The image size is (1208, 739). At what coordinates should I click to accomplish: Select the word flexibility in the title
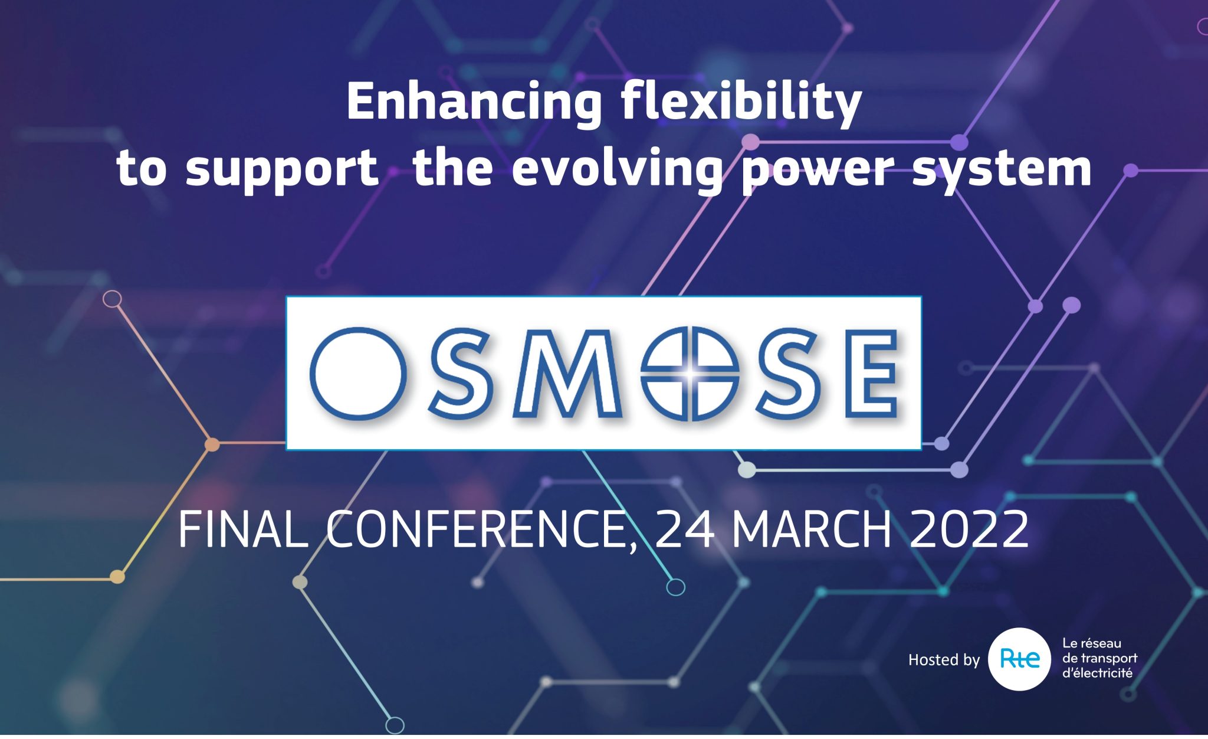coord(741,103)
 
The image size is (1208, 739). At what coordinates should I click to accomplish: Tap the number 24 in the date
coord(684,529)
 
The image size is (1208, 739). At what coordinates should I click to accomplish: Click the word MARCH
coord(812,529)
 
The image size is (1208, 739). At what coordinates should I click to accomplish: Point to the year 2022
coord(969,529)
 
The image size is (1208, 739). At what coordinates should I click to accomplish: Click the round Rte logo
coord(1019,659)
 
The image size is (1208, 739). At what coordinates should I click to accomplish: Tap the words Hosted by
coord(944,660)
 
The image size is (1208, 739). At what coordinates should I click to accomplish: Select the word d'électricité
coord(1097,673)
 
